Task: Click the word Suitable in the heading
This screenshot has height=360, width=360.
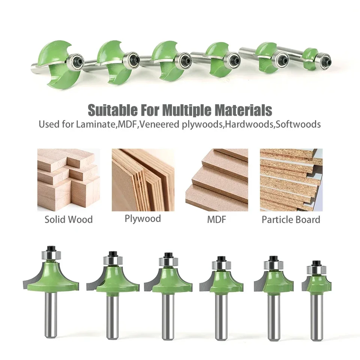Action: [112, 110]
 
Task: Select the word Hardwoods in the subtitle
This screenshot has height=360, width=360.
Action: [250, 124]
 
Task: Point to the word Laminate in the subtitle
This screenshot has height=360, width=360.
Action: [95, 124]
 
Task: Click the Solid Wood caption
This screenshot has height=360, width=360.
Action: [69, 219]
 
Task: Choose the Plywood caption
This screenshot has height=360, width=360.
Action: [143, 219]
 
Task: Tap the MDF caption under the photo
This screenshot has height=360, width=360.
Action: [216, 220]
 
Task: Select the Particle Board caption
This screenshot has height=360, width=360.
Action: [291, 220]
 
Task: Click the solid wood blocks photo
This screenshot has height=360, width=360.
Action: [69, 180]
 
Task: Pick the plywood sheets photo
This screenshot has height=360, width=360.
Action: [143, 180]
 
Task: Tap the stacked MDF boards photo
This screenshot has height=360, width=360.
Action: [217, 180]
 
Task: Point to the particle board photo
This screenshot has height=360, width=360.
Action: [291, 180]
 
